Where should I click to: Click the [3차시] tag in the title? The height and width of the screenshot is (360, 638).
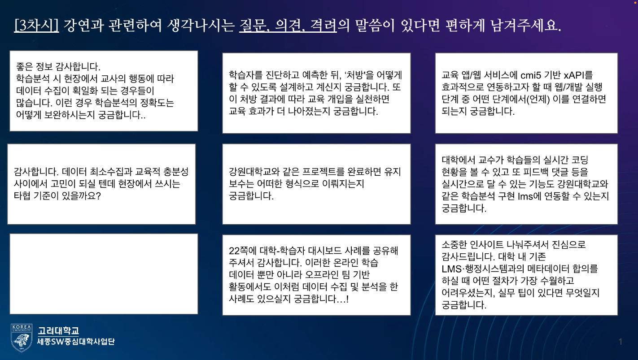coord(36,25)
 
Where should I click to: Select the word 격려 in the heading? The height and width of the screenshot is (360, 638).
coord(324,25)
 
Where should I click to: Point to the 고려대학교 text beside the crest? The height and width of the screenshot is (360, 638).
coord(58,331)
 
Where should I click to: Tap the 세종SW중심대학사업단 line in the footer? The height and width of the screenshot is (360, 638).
coord(76,342)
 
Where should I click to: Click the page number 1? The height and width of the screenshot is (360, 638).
coord(620,342)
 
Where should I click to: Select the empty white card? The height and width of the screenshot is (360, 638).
coord(104,273)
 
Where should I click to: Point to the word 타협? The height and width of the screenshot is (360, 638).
coord(24,196)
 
